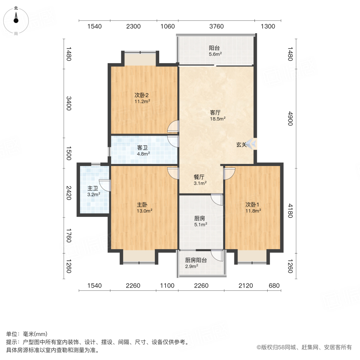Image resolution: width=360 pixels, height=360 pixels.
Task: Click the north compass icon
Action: pyautogui.click(x=16, y=18)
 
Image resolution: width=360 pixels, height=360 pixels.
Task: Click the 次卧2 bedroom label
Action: pyautogui.click(x=142, y=98)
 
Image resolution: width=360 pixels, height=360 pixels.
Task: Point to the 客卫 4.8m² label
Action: pyautogui.click(x=143, y=150)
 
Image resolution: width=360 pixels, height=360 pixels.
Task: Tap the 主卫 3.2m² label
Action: pyautogui.click(x=93, y=191)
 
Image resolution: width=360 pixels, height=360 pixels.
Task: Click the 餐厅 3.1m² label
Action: pyautogui.click(x=200, y=180)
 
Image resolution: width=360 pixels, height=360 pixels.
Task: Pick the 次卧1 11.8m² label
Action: pyautogui.click(x=253, y=207)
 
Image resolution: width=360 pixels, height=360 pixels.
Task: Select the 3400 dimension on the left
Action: pyautogui.click(x=69, y=104)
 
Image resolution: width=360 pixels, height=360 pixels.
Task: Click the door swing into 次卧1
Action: pyautogui.click(x=230, y=172)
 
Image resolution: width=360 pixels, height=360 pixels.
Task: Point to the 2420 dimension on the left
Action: pyautogui.click(x=69, y=193)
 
